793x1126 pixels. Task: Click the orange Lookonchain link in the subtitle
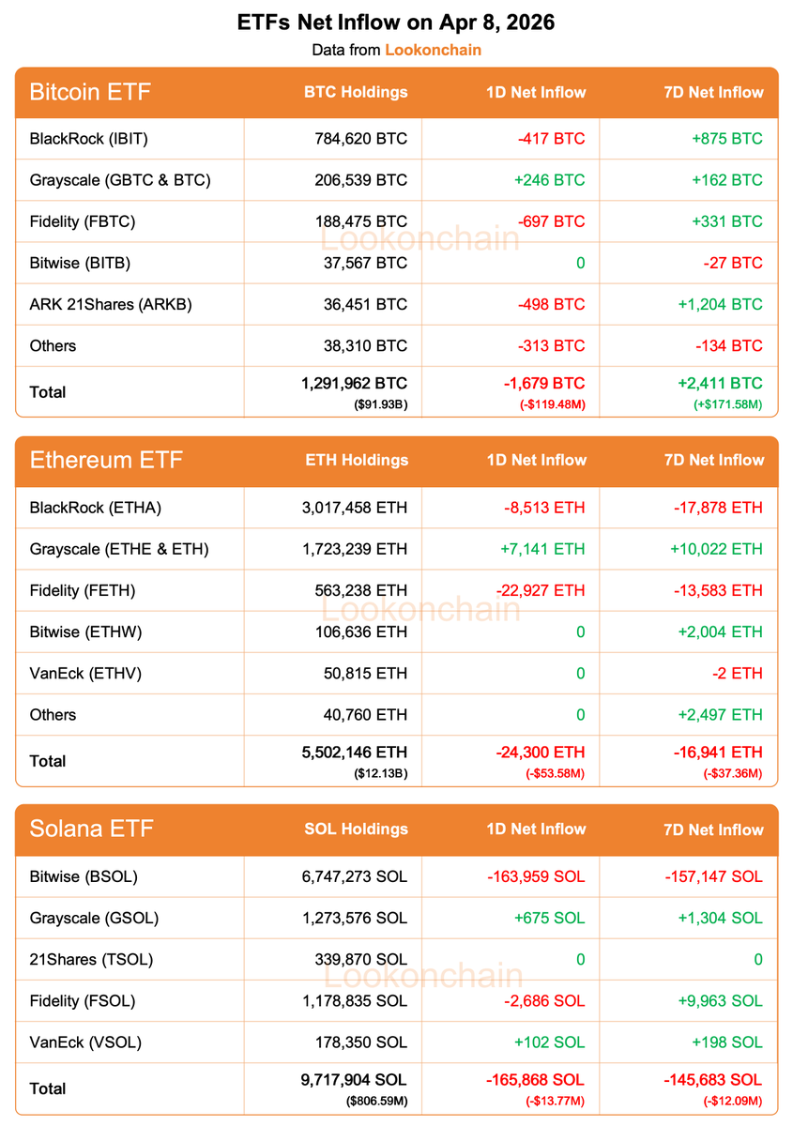pyautogui.click(x=433, y=50)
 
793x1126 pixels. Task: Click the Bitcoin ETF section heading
pyautogui.click(x=90, y=92)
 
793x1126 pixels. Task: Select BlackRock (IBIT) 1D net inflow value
pyautogui.click(x=551, y=139)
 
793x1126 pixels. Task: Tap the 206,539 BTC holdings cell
pyautogui.click(x=360, y=180)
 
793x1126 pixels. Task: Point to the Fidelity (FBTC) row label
pyautogui.click(x=83, y=221)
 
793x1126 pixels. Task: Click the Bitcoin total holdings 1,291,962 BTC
pyautogui.click(x=355, y=384)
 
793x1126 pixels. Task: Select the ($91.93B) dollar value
pyautogui.click(x=380, y=403)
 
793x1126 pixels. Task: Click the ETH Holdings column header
pyautogui.click(x=357, y=460)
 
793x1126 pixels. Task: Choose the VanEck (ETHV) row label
pyautogui.click(x=85, y=673)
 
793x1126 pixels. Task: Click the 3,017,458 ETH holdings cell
pyautogui.click(x=350, y=508)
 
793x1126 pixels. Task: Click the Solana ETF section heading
pyautogui.click(x=91, y=829)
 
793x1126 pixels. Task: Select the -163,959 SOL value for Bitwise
pyautogui.click(x=536, y=876)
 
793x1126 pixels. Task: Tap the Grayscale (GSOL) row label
pyautogui.click(x=94, y=918)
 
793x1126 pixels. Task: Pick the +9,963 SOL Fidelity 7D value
pyautogui.click(x=721, y=1000)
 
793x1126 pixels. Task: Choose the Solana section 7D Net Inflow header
pyautogui.click(x=713, y=829)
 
